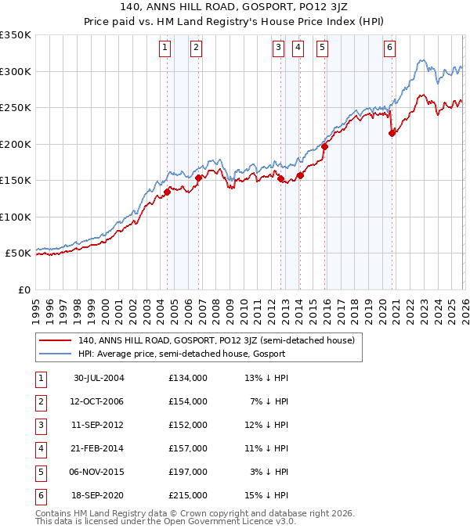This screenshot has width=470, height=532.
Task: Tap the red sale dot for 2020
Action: tap(392, 134)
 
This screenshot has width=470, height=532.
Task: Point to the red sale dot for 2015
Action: tap(324, 146)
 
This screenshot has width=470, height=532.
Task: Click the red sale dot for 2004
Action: tap(168, 192)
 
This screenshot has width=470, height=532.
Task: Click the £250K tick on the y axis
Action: tap(16, 108)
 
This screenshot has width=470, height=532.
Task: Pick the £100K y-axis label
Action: tap(16, 217)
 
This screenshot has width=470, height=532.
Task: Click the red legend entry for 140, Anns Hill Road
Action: tap(216, 340)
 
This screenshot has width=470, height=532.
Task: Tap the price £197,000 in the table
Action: tap(188, 473)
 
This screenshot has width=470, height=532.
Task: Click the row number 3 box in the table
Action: tap(40, 425)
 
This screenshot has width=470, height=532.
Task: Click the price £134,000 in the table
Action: tap(188, 377)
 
